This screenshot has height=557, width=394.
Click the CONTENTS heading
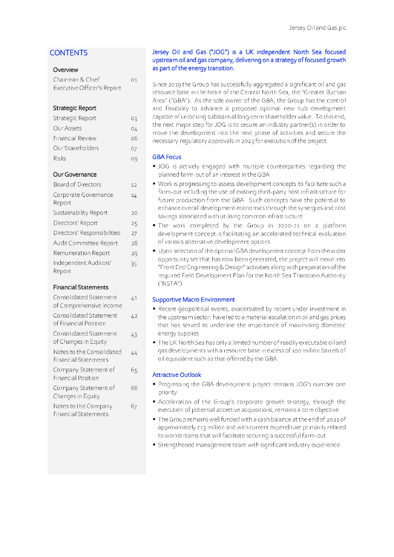pos(69,53)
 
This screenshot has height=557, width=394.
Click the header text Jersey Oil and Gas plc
pos(317,28)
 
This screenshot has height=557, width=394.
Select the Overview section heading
pos(65,70)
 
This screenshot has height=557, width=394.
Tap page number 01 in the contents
pos(134,80)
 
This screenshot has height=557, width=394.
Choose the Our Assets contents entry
pos(67,128)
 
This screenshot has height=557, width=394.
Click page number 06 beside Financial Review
pos(134,138)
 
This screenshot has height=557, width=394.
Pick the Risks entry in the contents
pos(59,158)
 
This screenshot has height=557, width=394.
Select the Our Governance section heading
pos(75,175)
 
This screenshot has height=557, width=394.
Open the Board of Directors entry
pos(77,184)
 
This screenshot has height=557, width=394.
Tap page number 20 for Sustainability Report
pos(134,213)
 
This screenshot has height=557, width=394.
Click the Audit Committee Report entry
pos(85,243)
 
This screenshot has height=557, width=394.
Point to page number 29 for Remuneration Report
pos(134,253)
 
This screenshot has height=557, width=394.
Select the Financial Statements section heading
pos(81,287)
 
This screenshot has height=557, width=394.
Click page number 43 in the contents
pos(134,334)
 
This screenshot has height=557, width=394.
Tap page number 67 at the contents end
pos(134,406)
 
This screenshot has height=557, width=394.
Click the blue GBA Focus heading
pos(167,157)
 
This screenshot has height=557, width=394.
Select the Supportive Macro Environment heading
pos(193,300)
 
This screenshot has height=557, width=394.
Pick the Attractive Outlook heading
pos(176,375)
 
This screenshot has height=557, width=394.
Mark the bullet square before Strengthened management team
pos(155,445)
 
